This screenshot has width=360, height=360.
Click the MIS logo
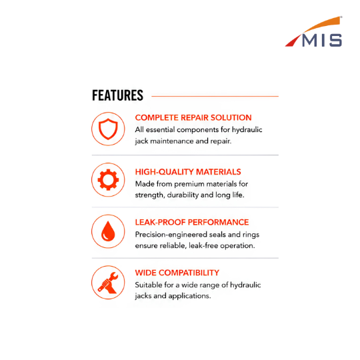(x=313, y=32)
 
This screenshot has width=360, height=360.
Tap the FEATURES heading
(x=117, y=95)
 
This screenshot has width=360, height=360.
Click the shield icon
(x=108, y=129)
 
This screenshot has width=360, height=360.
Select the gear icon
(x=108, y=180)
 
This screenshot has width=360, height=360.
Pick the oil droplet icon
(x=108, y=231)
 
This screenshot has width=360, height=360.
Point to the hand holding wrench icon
(x=108, y=283)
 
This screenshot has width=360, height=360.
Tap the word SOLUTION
(x=231, y=118)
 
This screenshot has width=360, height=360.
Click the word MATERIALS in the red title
(x=219, y=172)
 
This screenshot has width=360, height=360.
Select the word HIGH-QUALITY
(x=165, y=172)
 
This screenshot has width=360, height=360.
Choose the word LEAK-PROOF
(x=160, y=222)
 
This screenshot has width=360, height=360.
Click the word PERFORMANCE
(x=219, y=222)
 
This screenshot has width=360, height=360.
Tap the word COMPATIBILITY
(x=189, y=273)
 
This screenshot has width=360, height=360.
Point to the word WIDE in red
(x=145, y=273)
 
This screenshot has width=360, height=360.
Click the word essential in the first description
(x=160, y=130)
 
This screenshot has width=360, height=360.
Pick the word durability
(x=183, y=195)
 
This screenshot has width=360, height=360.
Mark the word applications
(x=189, y=296)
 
